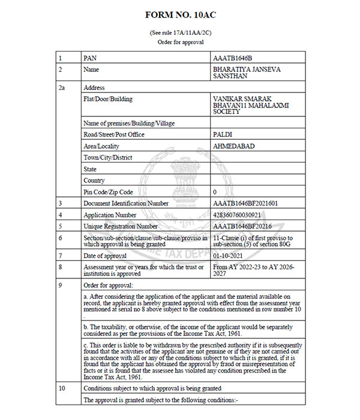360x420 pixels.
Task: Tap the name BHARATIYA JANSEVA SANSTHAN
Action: (x=246, y=73)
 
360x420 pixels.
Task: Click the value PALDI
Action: (x=222, y=134)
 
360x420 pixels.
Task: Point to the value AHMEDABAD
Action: (x=232, y=146)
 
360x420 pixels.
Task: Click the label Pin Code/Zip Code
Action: (x=108, y=192)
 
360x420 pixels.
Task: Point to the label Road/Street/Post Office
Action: (x=114, y=134)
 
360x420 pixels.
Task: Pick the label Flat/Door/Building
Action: (x=108, y=99)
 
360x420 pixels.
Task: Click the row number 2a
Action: (x=61, y=88)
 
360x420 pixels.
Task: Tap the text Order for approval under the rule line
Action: (x=180, y=42)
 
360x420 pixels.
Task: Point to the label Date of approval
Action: (x=105, y=256)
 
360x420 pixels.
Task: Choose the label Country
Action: (x=94, y=181)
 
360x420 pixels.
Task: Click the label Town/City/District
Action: (x=108, y=157)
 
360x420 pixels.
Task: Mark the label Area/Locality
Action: (x=101, y=146)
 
